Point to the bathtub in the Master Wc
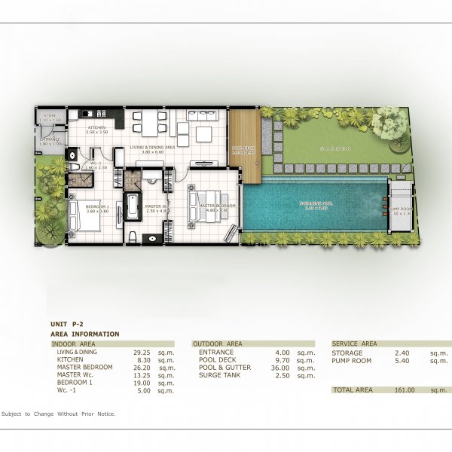[132, 206]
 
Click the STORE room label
[50, 116]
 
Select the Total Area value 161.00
[405, 390]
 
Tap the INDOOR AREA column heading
[72, 343]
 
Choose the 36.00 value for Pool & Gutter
[279, 368]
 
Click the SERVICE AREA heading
[354, 344]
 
